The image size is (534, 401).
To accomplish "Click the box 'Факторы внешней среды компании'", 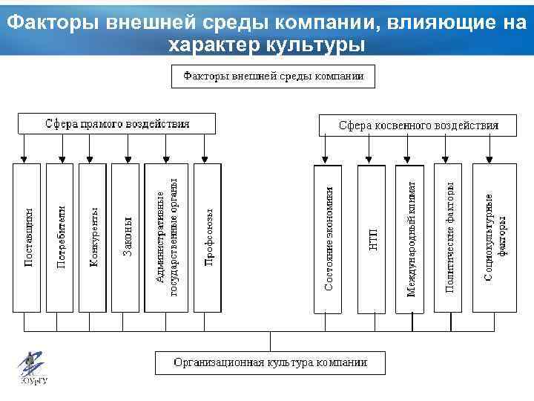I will coord(273,76).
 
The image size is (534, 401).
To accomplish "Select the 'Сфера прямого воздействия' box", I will coord(117,123).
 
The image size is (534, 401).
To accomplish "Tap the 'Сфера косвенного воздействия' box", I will coord(418,125).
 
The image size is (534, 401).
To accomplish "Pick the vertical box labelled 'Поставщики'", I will coord(27,237).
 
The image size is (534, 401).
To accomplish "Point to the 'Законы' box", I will coord(127,237).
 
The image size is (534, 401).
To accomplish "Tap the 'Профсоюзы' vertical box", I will coord(208,237).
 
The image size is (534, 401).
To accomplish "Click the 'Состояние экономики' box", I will coord(329,237).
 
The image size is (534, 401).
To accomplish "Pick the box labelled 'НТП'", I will coord(372,237).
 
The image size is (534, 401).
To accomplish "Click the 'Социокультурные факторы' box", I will coord(495,237).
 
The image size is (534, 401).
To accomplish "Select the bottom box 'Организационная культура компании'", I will coord(270,363).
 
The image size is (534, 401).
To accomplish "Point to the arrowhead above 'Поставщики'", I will coord(25,159).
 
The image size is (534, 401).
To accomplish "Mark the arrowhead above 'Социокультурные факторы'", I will coord(489,159).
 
